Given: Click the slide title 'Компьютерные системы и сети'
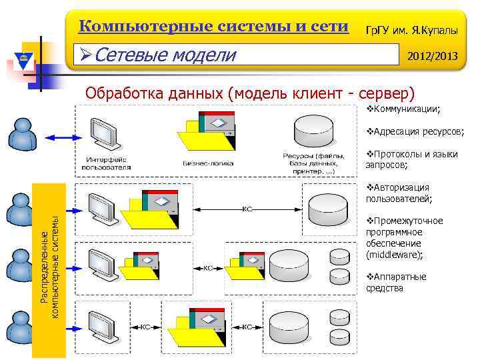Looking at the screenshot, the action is tap(213, 27).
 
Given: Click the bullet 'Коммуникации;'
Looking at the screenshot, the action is tap(407, 109).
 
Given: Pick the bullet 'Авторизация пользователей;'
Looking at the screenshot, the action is tap(399, 193).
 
